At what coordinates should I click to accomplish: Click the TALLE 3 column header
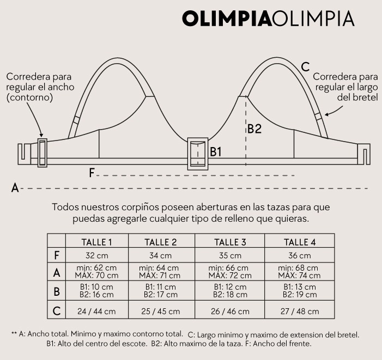[230, 242]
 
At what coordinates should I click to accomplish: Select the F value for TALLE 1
[97, 255]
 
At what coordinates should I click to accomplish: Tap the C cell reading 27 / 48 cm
[300, 312]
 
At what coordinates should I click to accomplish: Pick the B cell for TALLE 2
[161, 291]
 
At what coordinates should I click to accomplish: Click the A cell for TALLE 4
[299, 272]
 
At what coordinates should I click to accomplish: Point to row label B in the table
[57, 291]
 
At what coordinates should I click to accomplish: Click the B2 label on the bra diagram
[254, 129]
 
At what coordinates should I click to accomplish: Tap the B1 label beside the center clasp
[216, 151]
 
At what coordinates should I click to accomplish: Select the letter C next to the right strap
[305, 67]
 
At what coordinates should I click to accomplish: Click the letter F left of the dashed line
[92, 173]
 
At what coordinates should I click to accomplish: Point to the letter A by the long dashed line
[15, 188]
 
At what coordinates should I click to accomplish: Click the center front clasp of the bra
[198, 154]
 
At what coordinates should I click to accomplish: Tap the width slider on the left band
[42, 152]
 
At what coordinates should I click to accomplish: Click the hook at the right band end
[364, 154]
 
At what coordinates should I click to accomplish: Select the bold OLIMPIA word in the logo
[227, 19]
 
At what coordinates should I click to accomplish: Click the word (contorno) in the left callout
[30, 97]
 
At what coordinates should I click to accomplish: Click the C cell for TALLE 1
[96, 312]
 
